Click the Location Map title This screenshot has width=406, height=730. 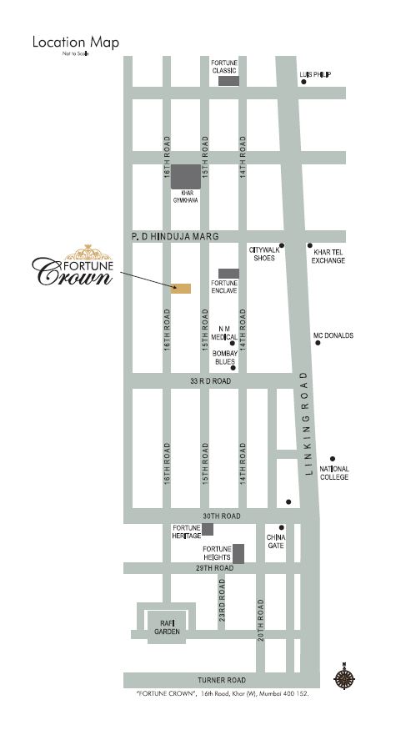[x=76, y=42]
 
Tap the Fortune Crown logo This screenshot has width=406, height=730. [x=73, y=267]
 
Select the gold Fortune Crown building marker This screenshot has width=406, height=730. [x=181, y=289]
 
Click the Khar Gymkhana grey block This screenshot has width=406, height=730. [x=186, y=177]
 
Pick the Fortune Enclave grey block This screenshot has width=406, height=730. [x=228, y=273]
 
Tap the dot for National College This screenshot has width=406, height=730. [x=333, y=458]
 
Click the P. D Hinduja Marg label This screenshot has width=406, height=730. [x=174, y=238]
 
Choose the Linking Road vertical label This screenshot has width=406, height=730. [x=308, y=423]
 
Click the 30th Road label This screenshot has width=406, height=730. [x=221, y=516]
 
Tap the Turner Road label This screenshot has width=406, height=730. [x=221, y=680]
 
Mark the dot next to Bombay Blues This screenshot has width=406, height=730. [x=233, y=368]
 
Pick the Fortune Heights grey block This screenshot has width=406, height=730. [x=238, y=553]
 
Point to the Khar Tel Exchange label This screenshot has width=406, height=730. [x=328, y=256]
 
